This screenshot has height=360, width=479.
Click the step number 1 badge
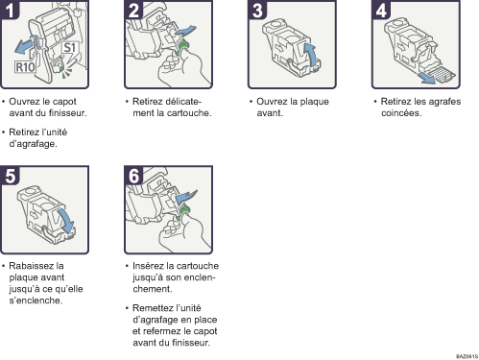coord(10,10)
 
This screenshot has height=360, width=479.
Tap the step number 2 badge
coord(133,10)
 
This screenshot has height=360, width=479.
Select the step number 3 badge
coord(257,10)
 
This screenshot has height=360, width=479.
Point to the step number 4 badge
coord(381,10)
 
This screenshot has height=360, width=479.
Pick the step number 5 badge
coord(10,176)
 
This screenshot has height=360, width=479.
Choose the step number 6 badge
coord(133,176)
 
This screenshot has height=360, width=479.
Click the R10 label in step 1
coord(25,67)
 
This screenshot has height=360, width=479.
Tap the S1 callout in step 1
coord(69,48)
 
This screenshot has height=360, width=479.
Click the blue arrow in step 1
coord(24,46)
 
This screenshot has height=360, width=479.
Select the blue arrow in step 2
coord(185,32)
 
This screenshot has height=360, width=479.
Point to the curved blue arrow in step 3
coord(310,55)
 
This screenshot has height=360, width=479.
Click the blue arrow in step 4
coord(428,78)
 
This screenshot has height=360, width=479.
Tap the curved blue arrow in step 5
coord(66,222)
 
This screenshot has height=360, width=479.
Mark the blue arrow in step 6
coord(187,196)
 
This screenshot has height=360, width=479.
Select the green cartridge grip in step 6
coord(182,212)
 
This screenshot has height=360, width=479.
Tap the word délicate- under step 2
coord(183,102)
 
